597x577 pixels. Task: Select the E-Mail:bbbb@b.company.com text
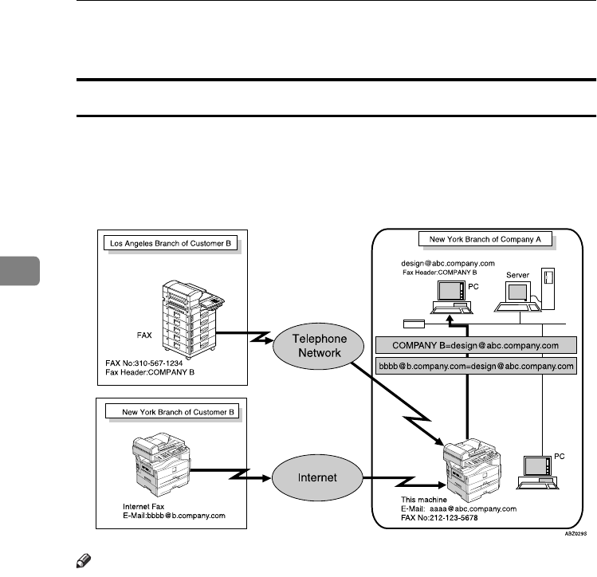(174, 515)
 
